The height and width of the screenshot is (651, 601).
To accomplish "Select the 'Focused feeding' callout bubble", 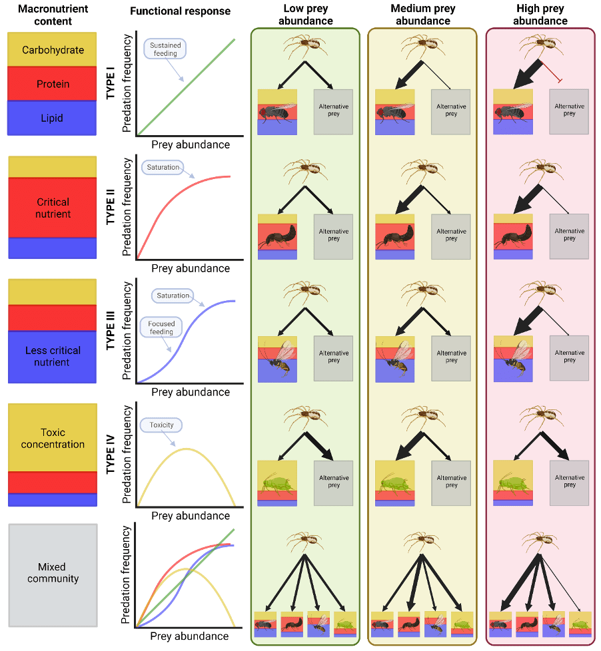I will coord(161,327).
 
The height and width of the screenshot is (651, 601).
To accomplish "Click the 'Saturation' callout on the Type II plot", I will coord(163,167).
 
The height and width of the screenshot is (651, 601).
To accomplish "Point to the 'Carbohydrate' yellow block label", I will coord(53,49).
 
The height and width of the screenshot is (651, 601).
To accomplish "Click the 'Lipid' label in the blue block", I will coord(53,118).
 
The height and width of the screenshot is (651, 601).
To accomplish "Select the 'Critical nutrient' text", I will coord(53,208).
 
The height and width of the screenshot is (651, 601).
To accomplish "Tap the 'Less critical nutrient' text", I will coord(53,356).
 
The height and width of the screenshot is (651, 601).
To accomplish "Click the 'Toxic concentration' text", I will coord(53,438).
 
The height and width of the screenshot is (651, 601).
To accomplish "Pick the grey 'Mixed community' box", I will coord(53,572).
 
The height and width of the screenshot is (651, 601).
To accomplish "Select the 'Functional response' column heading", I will coord(180,11).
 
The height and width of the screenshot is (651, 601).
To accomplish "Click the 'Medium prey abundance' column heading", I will coord(422,14).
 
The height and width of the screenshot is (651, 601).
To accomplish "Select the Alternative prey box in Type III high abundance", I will coord(569,357).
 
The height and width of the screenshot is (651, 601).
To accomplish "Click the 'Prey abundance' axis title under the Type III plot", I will coord(190,392).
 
